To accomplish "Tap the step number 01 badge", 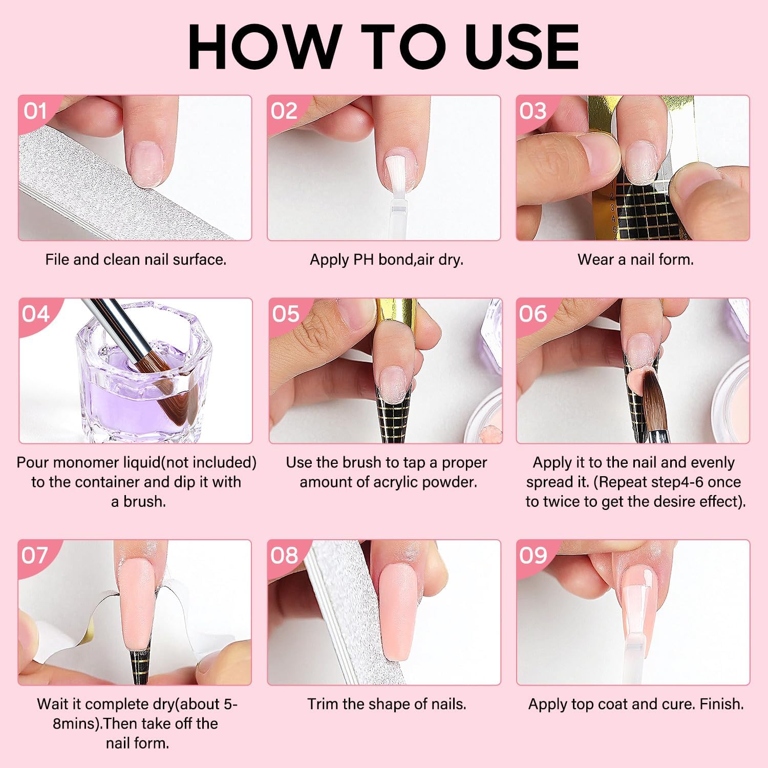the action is (34, 111).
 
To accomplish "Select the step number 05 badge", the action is (286, 314).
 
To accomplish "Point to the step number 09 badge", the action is (532, 556).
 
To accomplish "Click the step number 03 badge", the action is (532, 111).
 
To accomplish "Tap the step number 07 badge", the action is (34, 556).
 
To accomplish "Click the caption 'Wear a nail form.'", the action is (635, 260).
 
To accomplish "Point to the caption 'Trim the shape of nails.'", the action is (387, 704).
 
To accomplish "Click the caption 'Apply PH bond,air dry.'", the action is (387, 260).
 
